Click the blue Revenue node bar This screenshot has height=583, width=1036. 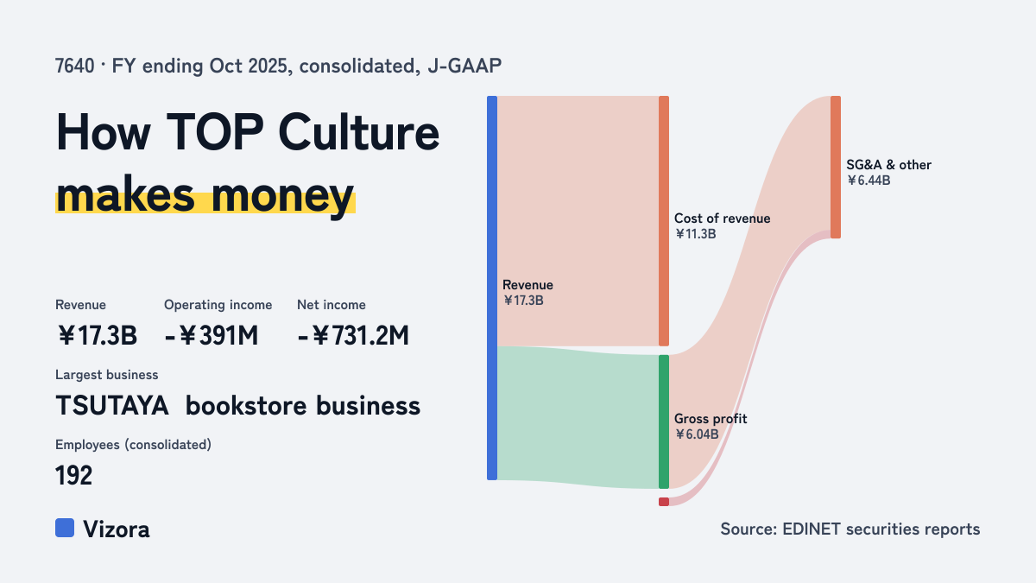pyautogui.click(x=492, y=288)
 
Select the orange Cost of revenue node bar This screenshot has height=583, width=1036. pyautogui.click(x=664, y=221)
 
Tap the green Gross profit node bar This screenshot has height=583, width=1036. pyautogui.click(x=664, y=421)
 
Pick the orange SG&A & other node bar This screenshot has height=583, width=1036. pyautogui.click(x=836, y=167)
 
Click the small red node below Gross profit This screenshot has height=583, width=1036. pyautogui.click(x=664, y=502)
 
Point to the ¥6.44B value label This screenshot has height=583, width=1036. pyautogui.click(x=869, y=181)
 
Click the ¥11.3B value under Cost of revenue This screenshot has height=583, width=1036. pyautogui.click(x=695, y=234)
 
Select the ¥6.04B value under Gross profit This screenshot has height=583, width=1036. pyautogui.click(x=697, y=434)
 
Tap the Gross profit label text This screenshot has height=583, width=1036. pyautogui.click(x=711, y=419)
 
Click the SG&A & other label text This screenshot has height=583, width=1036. pyautogui.click(x=889, y=165)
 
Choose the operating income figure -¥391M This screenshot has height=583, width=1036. pyautogui.click(x=212, y=335)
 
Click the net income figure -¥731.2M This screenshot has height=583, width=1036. pyautogui.click(x=353, y=335)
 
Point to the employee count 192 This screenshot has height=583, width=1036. pyautogui.click(x=74, y=475)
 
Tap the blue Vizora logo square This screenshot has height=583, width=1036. pyautogui.click(x=65, y=528)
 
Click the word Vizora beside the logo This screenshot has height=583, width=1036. pyautogui.click(x=117, y=529)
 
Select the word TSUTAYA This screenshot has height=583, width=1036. pyautogui.click(x=112, y=406)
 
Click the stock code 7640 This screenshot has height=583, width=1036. pyautogui.click(x=75, y=67)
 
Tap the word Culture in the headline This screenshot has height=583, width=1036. pyautogui.click(x=359, y=133)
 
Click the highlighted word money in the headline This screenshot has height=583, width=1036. pyautogui.click(x=282, y=196)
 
